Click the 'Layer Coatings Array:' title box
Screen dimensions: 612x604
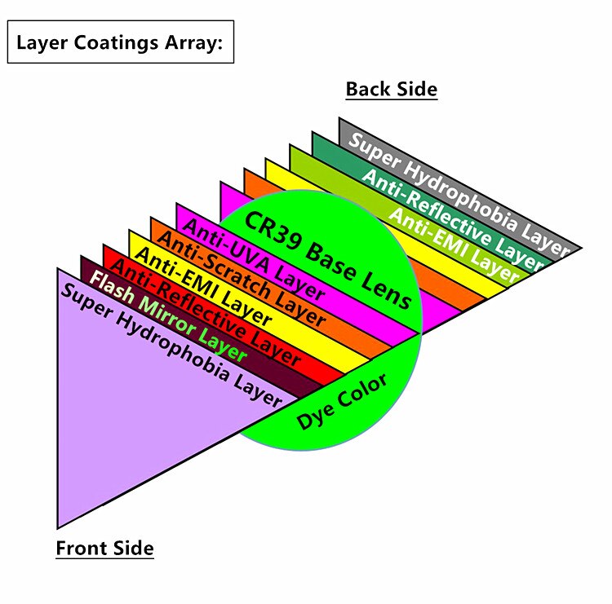[x=121, y=42]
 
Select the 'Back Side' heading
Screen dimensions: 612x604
[x=392, y=90]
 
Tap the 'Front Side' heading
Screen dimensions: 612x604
[x=105, y=548]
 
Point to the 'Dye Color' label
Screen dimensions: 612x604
[x=342, y=401]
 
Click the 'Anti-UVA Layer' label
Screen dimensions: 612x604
[x=254, y=258]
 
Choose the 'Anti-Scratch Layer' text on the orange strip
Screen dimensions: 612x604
[x=242, y=279]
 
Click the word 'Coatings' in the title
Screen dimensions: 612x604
[x=116, y=43]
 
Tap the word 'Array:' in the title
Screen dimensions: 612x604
[x=193, y=43]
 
